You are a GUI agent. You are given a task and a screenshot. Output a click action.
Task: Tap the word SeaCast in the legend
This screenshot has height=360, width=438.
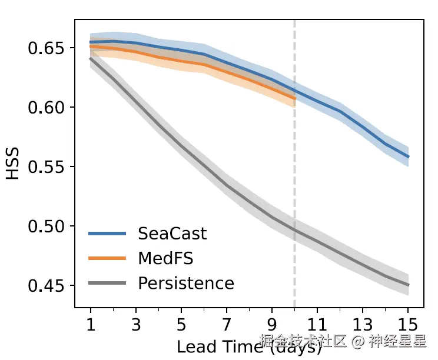click(x=172, y=234)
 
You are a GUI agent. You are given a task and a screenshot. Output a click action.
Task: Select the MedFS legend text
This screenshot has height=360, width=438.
click(x=165, y=258)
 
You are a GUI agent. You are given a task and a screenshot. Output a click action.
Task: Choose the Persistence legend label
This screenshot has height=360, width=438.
click(x=186, y=283)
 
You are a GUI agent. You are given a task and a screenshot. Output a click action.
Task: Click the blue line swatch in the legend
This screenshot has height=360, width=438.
click(x=107, y=234)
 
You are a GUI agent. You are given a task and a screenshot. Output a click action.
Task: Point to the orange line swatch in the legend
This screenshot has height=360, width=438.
click(x=107, y=258)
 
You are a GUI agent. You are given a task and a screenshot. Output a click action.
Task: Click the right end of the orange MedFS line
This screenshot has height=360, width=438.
click(x=294, y=98)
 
